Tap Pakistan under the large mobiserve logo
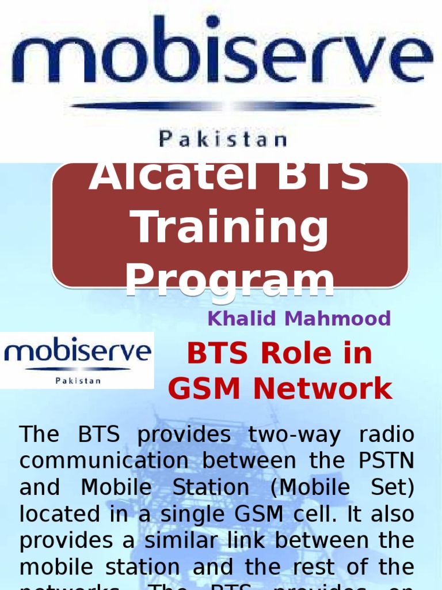222,139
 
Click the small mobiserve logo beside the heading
77,360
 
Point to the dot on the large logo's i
212,22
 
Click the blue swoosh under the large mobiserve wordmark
222,106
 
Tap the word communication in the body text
104,461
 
